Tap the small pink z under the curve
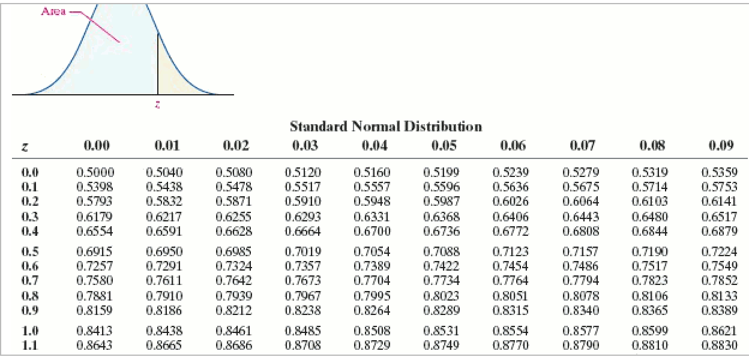157,104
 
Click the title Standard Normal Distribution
385,127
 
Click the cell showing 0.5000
95,172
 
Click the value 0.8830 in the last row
720,345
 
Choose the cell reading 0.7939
234,295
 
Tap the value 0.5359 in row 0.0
720,172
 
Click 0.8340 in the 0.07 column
580,310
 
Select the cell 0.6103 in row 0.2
650,201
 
